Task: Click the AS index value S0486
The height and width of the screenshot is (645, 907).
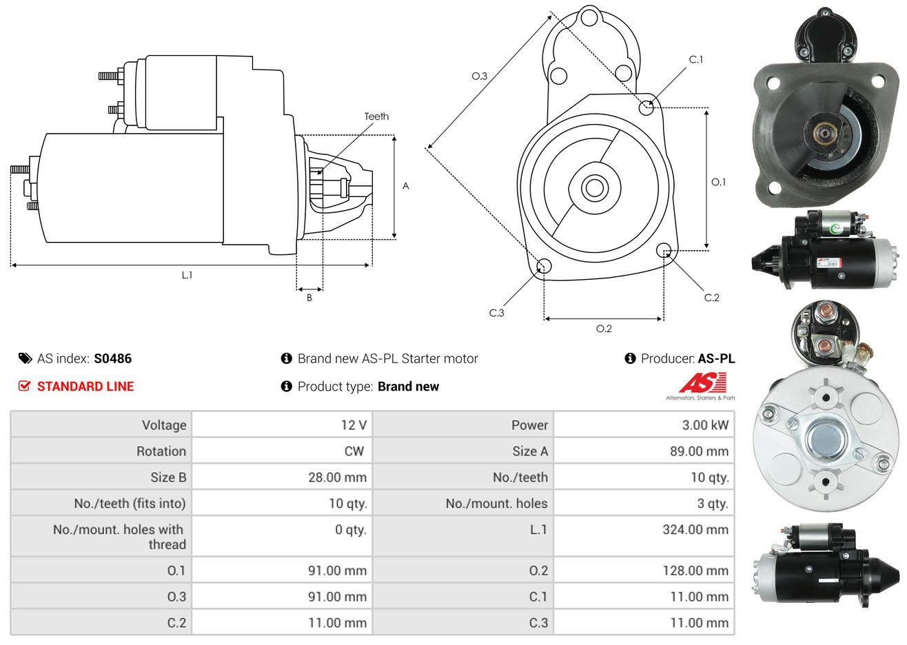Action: pyautogui.click(x=112, y=359)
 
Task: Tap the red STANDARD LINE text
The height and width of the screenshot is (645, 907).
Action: pyautogui.click(x=85, y=387)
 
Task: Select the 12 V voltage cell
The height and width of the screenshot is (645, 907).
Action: pyautogui.click(x=354, y=425)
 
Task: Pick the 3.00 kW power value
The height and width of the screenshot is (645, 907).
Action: pyautogui.click(x=705, y=425)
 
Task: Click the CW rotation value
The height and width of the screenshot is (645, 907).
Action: pyautogui.click(x=354, y=451)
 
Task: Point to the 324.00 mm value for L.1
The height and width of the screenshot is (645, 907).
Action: pyautogui.click(x=695, y=530)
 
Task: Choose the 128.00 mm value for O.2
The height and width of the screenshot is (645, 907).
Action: pyautogui.click(x=695, y=571)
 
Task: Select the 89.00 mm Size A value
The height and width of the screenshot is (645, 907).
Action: pyautogui.click(x=700, y=451)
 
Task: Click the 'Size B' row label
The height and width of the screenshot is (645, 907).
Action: pyautogui.click(x=168, y=478)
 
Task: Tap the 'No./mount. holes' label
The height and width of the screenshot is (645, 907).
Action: pyautogui.click(x=496, y=504)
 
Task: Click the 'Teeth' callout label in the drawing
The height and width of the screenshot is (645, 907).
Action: pyautogui.click(x=376, y=116)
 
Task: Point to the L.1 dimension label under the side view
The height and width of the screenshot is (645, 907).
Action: pyautogui.click(x=187, y=276)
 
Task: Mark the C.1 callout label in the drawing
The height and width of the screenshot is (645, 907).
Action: pyautogui.click(x=696, y=60)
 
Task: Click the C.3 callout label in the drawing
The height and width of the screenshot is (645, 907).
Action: pyautogui.click(x=497, y=313)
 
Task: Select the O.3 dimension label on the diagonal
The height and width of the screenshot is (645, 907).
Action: pyautogui.click(x=480, y=76)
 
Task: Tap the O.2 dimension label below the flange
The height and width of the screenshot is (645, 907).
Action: pyautogui.click(x=604, y=329)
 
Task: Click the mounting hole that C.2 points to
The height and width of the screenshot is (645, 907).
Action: pyautogui.click(x=664, y=250)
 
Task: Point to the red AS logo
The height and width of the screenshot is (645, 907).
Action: pyautogui.click(x=702, y=382)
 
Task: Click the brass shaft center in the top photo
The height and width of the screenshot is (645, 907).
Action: pyautogui.click(x=822, y=132)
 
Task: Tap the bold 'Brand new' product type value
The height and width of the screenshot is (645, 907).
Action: pyautogui.click(x=408, y=387)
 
